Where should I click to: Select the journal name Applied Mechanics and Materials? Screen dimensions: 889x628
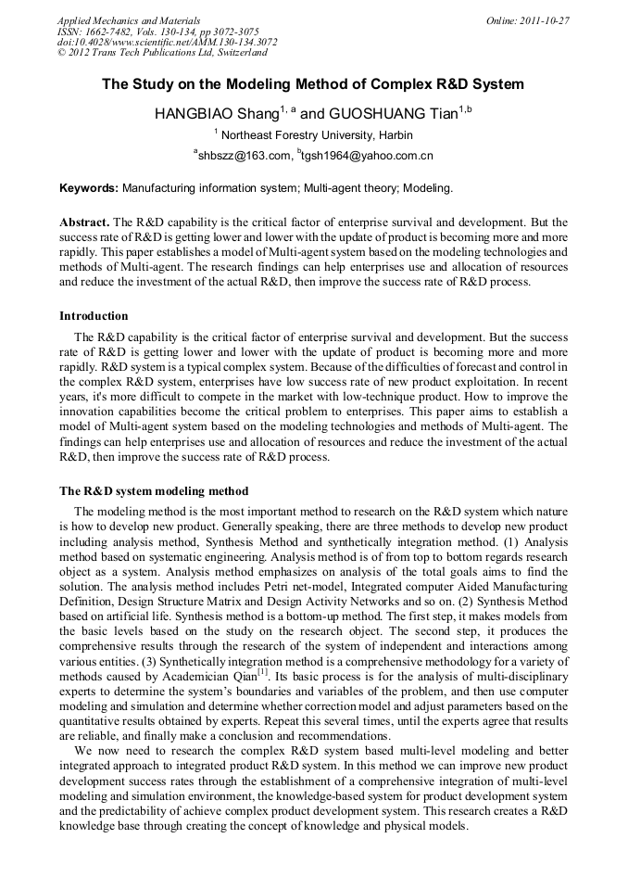coord(128,19)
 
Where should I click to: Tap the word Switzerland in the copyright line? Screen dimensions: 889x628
coord(242,53)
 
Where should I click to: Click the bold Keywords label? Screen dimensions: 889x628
coord(89,188)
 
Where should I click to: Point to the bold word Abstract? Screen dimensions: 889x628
coord(84,223)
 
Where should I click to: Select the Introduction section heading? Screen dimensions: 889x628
coord(94,316)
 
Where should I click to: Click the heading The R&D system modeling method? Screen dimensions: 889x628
coord(154,490)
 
